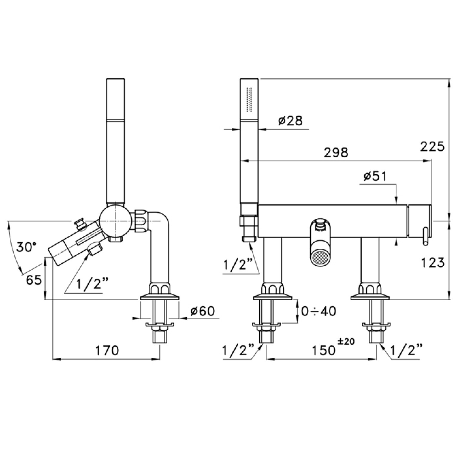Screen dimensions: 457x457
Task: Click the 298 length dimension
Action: coord(336,153)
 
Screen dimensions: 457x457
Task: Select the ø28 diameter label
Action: coord(290,121)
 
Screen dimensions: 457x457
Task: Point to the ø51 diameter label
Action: coord(375,176)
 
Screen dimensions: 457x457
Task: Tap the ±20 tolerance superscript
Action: coord(346,341)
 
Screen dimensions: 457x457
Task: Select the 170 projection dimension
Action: coord(107,350)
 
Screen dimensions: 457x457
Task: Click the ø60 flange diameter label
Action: coord(203,311)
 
